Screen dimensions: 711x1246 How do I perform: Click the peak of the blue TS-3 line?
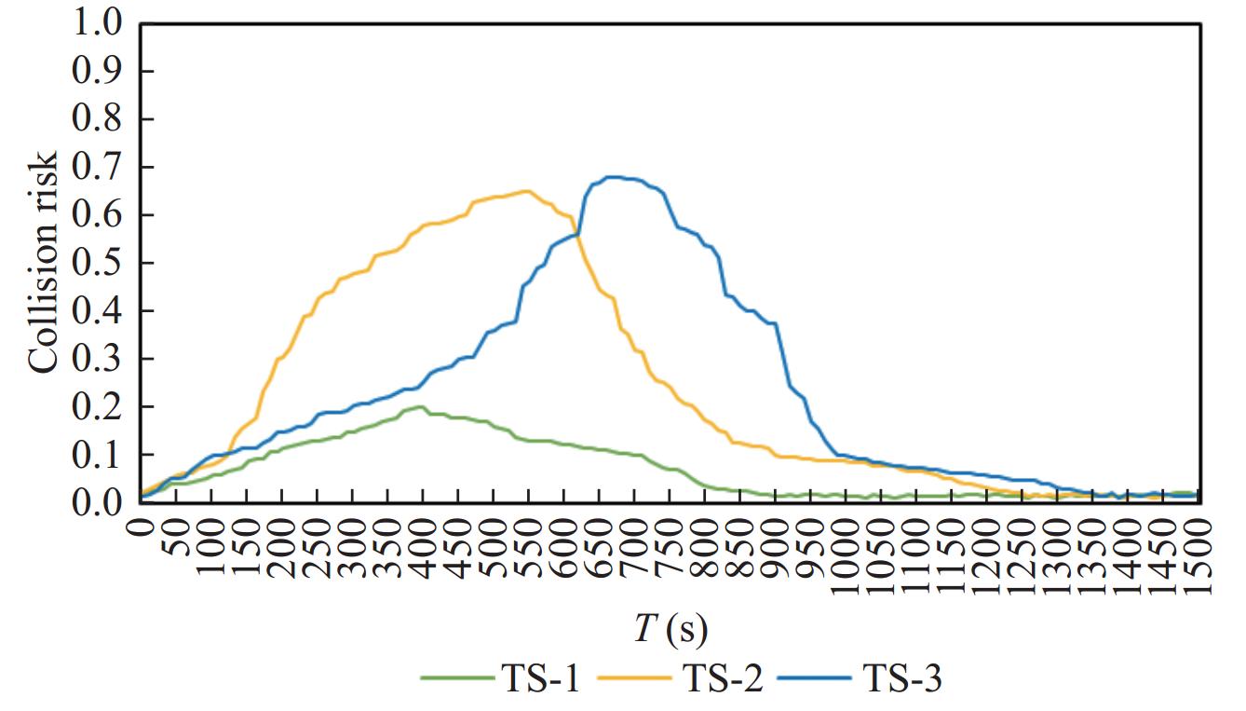pyautogui.click(x=615, y=176)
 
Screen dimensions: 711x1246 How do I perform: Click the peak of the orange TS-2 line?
pyautogui.click(x=527, y=191)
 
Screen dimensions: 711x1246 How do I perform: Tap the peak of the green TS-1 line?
pyautogui.click(x=423, y=406)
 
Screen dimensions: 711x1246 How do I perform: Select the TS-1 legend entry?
pyautogui.click(x=503, y=678)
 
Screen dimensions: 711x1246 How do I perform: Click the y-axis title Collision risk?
pyautogui.click(x=47, y=263)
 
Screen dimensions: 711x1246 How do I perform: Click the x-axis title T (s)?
pyautogui.click(x=670, y=632)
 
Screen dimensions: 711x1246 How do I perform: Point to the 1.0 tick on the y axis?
pyautogui.click(x=96, y=24)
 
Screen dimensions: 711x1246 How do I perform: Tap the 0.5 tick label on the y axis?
pyautogui.click(x=96, y=264)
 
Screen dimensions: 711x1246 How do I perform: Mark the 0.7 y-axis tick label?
pyautogui.click(x=96, y=168)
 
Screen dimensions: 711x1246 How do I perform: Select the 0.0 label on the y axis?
pyautogui.click(x=96, y=502)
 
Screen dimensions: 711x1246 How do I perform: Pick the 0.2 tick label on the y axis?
pyautogui.click(x=96, y=407)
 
